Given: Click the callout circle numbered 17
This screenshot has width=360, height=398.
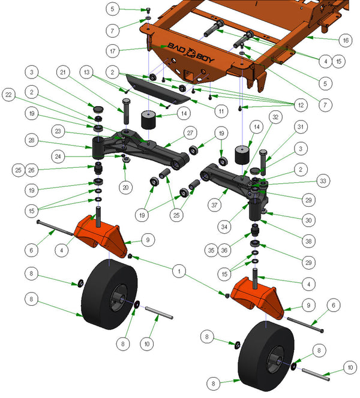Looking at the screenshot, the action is [113, 51].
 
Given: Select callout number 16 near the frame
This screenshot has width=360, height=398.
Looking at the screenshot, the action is [346, 40].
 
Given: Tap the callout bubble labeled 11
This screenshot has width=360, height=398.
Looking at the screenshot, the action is [221, 111].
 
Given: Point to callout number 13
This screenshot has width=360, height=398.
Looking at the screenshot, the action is [86, 72].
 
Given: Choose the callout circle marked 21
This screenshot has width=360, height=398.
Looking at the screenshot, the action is [63, 73].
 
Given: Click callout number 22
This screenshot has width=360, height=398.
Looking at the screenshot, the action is [8, 95].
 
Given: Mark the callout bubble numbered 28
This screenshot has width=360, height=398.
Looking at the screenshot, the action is [32, 140].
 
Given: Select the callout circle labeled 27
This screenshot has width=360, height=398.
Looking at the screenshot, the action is [190, 132].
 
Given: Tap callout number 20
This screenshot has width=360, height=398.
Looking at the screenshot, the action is [125, 188].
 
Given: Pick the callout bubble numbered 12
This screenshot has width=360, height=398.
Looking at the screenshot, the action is [301, 105].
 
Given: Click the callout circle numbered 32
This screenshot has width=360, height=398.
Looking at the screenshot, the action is [275, 117].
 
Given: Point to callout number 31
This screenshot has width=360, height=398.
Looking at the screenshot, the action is [301, 126].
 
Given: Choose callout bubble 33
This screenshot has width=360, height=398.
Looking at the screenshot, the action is [323, 181].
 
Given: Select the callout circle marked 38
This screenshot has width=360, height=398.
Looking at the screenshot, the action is [308, 241].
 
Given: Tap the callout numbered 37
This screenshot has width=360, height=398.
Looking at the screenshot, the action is [214, 205].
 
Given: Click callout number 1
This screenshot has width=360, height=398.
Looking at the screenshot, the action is [179, 272].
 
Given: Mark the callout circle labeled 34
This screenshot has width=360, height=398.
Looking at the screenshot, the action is [224, 227].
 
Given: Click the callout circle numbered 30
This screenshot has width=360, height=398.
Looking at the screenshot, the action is [308, 220].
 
